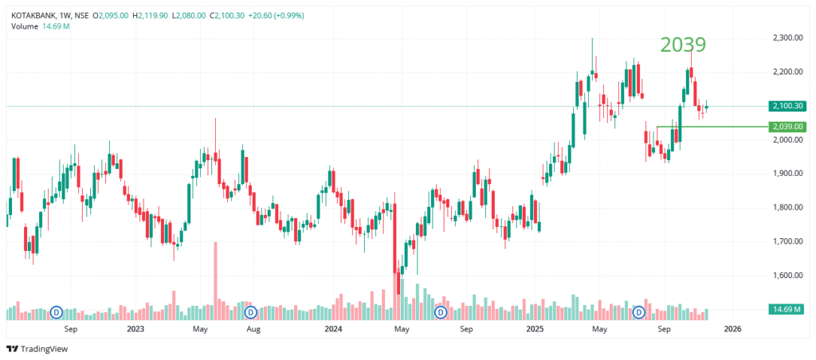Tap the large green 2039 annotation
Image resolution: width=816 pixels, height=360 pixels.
click(683, 45)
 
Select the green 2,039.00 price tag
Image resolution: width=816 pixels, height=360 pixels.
click(787, 127)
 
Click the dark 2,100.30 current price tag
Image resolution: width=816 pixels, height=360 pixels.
click(787, 106)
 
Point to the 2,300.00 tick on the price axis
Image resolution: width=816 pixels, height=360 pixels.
click(787, 38)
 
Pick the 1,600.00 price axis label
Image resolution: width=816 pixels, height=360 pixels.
click(787, 276)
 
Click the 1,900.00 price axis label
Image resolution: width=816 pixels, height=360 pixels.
click(787, 174)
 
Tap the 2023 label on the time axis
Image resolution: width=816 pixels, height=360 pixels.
click(135, 328)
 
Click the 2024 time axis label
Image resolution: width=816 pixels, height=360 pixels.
click(333, 328)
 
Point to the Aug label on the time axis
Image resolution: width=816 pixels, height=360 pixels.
click(253, 328)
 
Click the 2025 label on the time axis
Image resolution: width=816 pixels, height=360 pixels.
click(534, 328)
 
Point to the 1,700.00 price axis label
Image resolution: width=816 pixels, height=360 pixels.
click(787, 241)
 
